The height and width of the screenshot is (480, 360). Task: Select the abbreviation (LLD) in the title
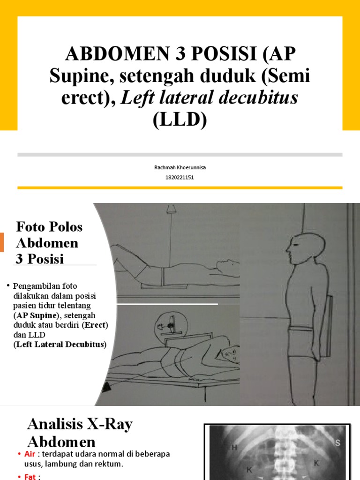pos(180,120)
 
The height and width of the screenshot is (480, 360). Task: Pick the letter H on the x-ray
pos(234,448)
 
